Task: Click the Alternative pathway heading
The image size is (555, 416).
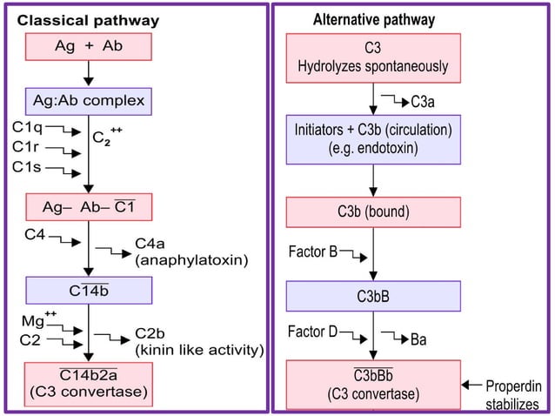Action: (374, 19)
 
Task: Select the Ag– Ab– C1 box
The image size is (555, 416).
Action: (88, 207)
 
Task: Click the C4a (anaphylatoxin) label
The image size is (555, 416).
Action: (191, 252)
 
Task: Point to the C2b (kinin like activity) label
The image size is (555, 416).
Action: (199, 342)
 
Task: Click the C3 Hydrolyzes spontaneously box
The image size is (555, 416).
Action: (373, 57)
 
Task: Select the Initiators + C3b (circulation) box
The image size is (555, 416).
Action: (373, 139)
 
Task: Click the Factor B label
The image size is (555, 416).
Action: (312, 252)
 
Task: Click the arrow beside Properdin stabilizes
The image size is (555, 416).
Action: (470, 385)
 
